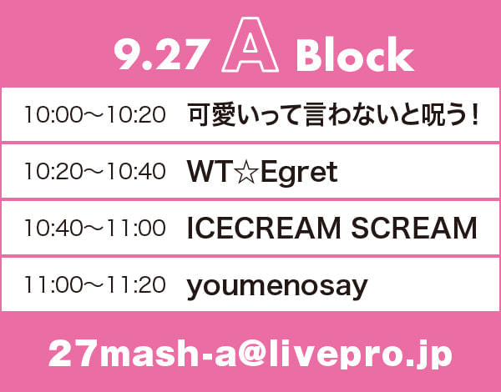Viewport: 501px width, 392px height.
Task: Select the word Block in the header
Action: [x=355, y=53]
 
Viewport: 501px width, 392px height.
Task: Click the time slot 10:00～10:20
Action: [x=95, y=114]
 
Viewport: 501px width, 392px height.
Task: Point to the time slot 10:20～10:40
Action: [x=95, y=171]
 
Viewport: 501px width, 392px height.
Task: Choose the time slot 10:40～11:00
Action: [x=95, y=228]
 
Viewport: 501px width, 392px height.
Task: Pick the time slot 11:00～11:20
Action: [x=95, y=284]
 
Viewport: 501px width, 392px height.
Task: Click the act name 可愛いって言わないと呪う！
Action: [x=333, y=114]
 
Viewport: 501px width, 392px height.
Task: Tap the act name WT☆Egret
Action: [x=262, y=173]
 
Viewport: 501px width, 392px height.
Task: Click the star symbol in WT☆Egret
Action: [x=246, y=173]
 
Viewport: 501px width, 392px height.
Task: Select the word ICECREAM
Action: [x=264, y=228]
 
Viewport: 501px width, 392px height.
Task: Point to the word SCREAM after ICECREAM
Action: [x=414, y=228]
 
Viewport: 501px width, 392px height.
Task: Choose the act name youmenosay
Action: [x=277, y=287]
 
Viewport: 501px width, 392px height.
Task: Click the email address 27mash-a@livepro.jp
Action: [x=250, y=354]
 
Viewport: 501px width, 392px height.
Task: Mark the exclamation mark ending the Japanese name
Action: [x=475, y=115]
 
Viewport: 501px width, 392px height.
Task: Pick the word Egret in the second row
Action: [x=299, y=173]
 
